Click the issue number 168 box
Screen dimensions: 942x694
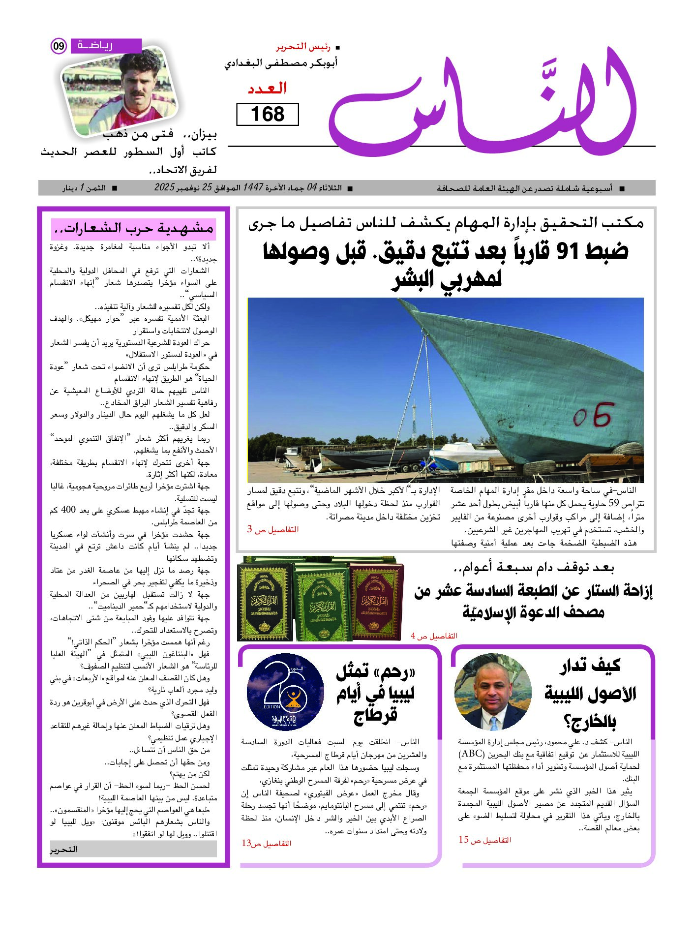pos(268,114)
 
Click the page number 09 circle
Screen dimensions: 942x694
pos(59,46)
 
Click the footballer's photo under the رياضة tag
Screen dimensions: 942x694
pos(120,93)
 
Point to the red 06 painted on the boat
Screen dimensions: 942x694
pos(594,414)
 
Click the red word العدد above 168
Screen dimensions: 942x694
pos(267,89)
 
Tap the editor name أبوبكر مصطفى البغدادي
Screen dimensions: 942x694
pos(281,64)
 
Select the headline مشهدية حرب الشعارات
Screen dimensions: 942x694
pos(133,229)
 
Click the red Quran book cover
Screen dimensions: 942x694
pos(376,601)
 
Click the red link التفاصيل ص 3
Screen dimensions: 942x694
pos(272,529)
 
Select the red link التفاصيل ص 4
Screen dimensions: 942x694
pos(434,636)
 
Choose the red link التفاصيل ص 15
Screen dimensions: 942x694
pos(485,840)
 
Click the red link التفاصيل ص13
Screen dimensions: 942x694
pos(266,843)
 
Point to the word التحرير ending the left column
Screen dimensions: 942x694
pos(64,849)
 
